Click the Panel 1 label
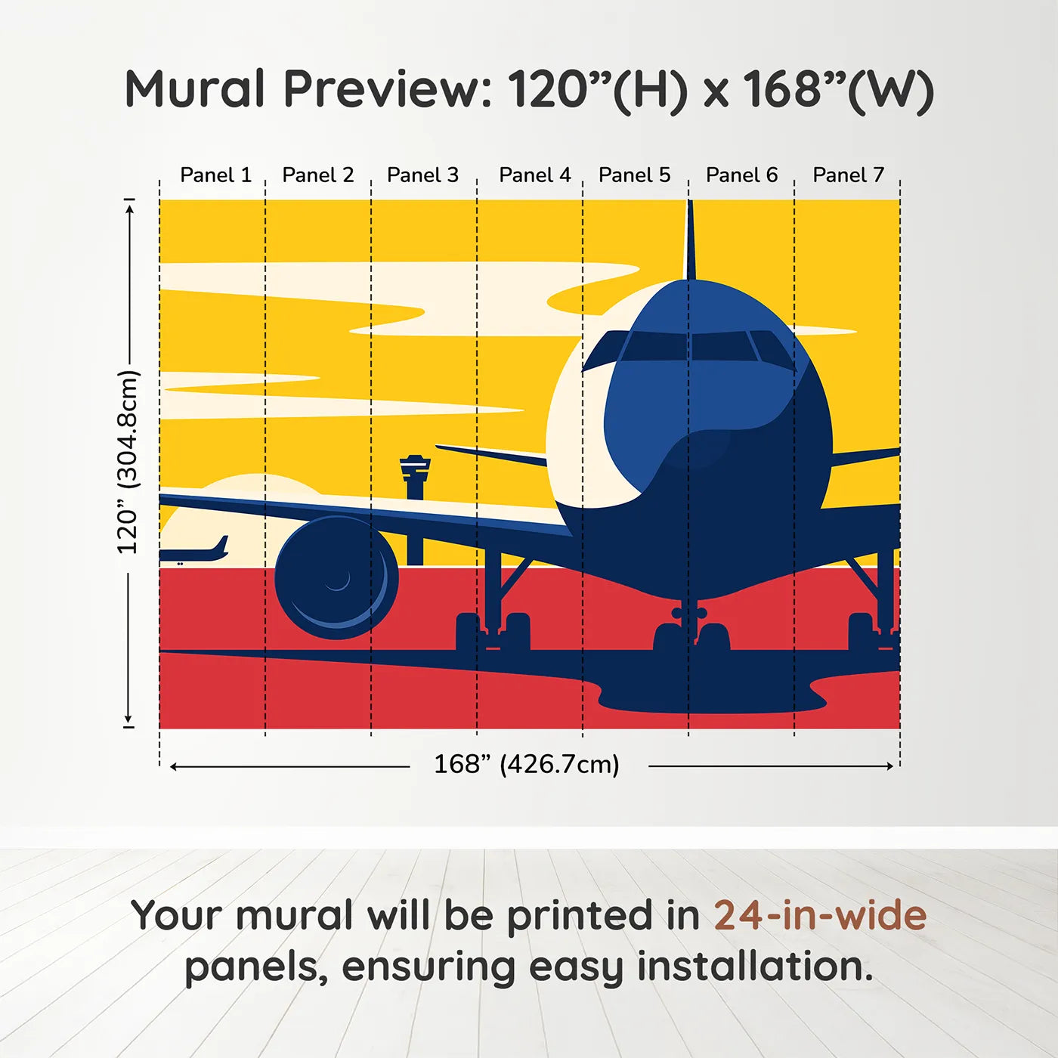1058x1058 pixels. (x=215, y=175)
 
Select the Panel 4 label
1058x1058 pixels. (x=534, y=175)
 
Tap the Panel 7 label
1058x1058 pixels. (x=848, y=175)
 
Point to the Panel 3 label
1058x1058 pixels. (x=422, y=175)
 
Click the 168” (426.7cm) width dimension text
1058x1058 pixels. (x=526, y=764)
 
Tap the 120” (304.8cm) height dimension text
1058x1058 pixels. (x=128, y=462)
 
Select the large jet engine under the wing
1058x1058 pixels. (x=336, y=578)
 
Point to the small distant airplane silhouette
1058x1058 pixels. (x=195, y=552)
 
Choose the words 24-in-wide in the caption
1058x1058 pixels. (x=820, y=916)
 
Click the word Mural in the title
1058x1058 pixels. (x=195, y=89)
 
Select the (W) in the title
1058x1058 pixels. (x=891, y=91)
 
